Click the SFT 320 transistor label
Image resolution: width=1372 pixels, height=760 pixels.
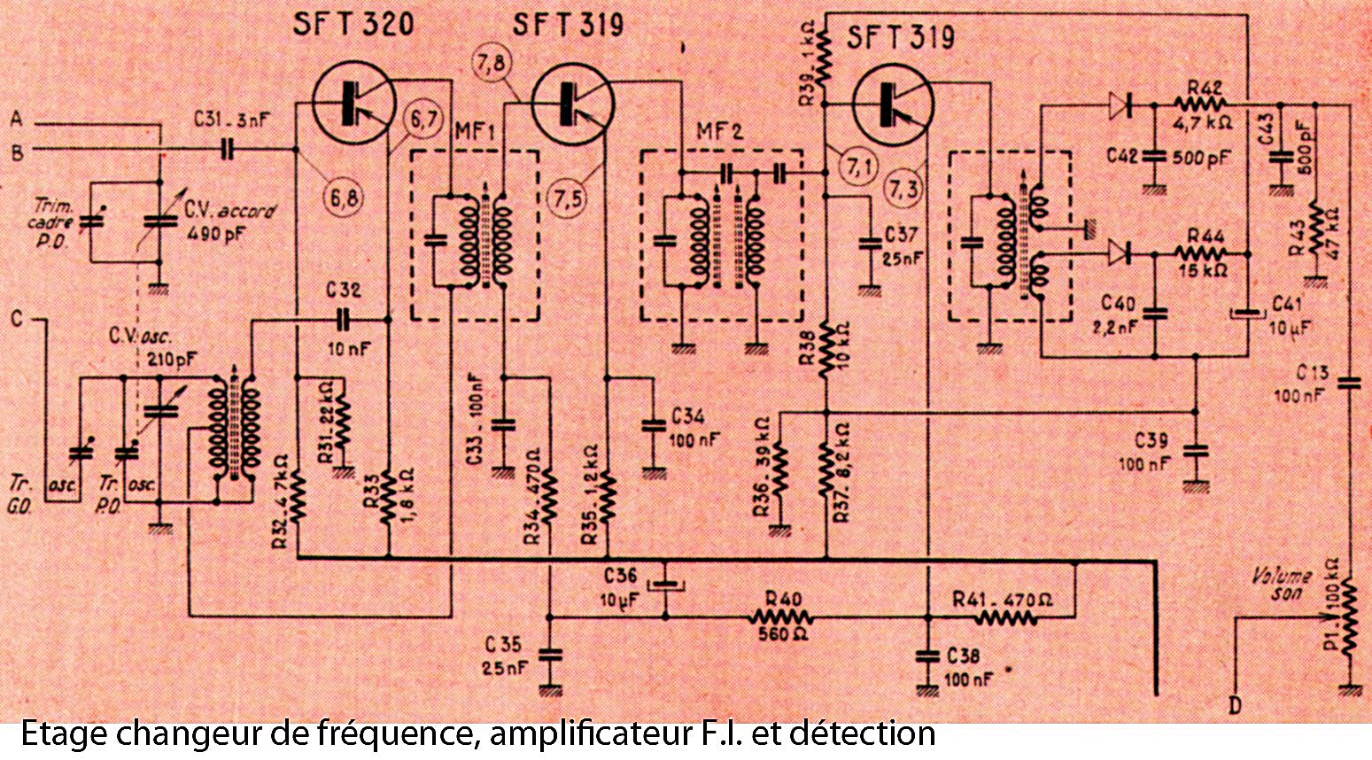(x=353, y=25)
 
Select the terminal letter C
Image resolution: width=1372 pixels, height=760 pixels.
(x=17, y=316)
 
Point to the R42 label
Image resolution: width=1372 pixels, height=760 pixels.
(x=1205, y=88)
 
